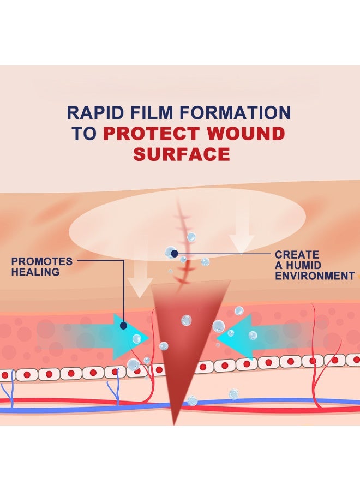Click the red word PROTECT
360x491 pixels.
click(152, 134)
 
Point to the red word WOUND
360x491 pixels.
click(246, 134)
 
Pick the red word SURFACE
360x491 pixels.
click(182, 154)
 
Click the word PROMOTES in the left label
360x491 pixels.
click(41, 261)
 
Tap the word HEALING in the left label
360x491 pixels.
click(35, 272)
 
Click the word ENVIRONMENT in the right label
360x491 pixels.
click(315, 276)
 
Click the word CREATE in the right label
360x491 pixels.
click(297, 254)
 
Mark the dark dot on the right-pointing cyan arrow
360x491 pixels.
click(123, 326)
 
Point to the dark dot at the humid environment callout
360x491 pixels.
click(175, 253)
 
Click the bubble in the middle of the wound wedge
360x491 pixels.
click(186, 320)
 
